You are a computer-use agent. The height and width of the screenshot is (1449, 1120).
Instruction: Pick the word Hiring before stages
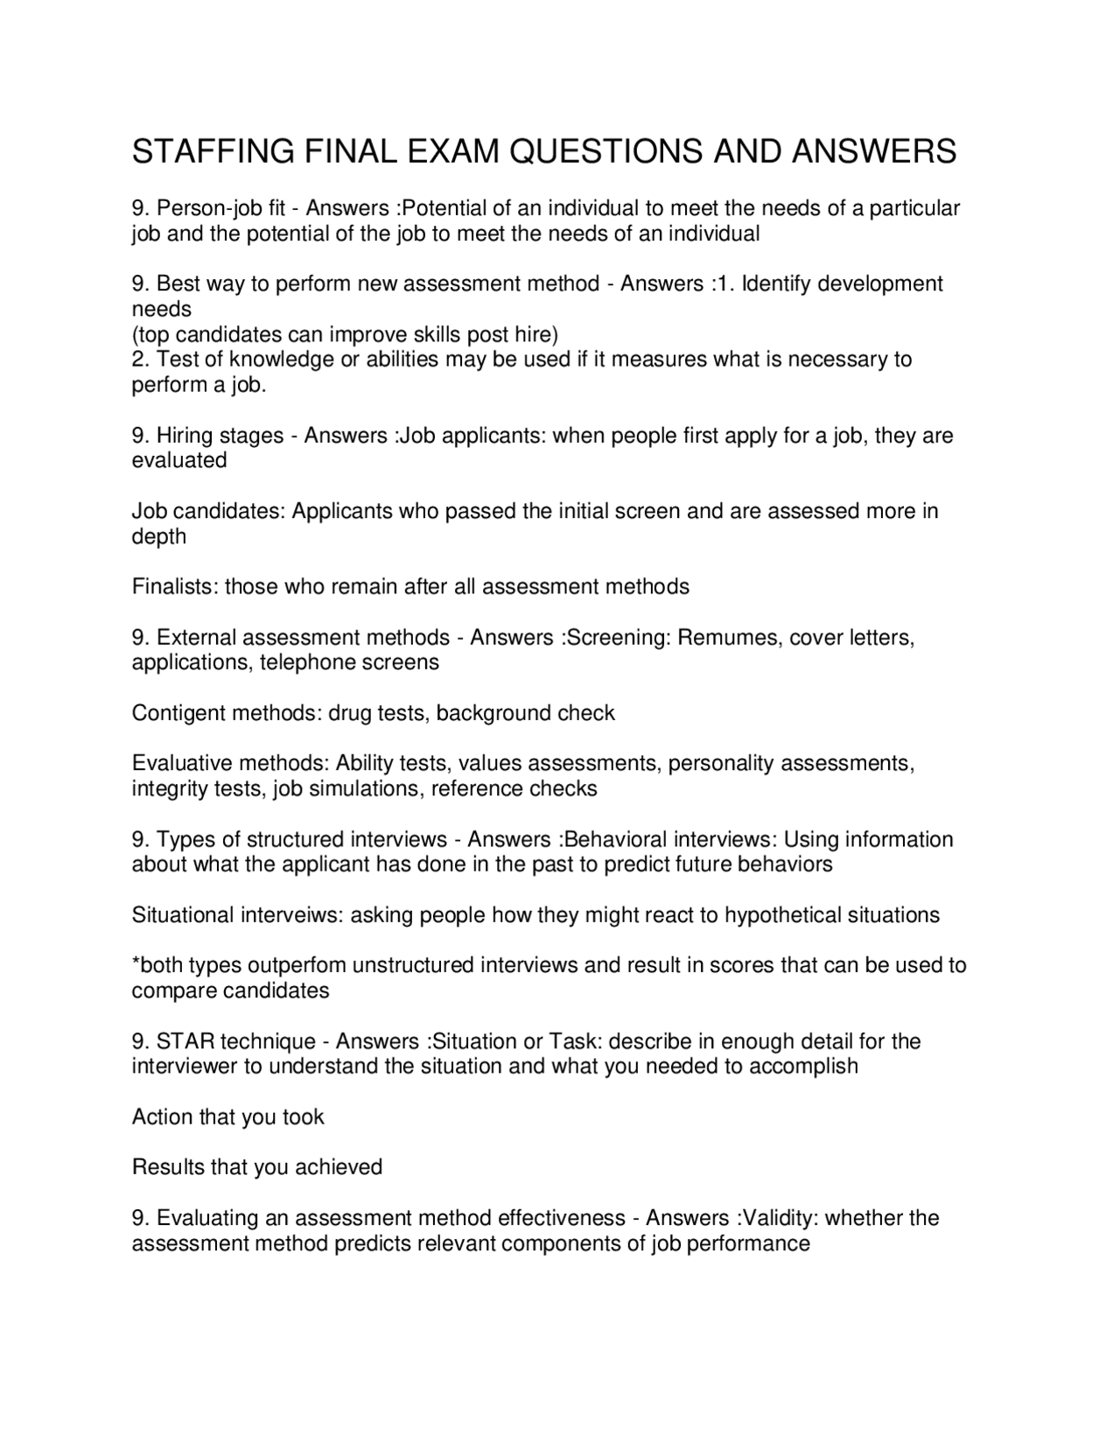(x=185, y=436)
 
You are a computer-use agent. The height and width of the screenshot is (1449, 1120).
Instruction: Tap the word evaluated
(x=179, y=461)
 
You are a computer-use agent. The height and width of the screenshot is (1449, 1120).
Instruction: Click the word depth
(x=159, y=536)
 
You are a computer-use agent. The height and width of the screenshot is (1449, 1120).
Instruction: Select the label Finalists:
(x=175, y=586)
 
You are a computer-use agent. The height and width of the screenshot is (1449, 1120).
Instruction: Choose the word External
(x=196, y=637)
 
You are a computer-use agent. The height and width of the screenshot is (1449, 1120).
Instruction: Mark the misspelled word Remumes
(x=728, y=637)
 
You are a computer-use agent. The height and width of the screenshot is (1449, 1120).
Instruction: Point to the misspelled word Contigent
(x=178, y=713)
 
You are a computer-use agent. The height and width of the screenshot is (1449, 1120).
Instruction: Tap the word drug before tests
(x=348, y=713)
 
